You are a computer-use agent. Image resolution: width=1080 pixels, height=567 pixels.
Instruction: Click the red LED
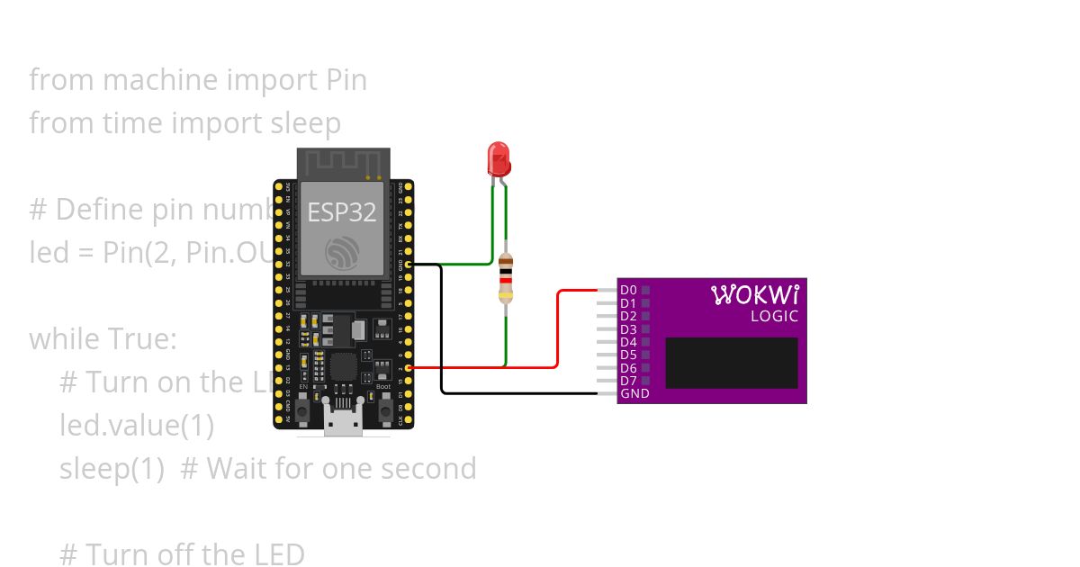(x=498, y=158)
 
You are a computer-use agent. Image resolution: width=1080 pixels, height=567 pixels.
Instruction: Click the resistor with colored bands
(x=506, y=277)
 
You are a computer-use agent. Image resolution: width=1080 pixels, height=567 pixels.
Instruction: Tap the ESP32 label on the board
(x=342, y=211)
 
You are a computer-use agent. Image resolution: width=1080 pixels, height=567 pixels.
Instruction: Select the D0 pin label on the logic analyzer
(x=628, y=290)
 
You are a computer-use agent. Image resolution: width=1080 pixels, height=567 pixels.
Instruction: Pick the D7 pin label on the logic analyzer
(x=628, y=381)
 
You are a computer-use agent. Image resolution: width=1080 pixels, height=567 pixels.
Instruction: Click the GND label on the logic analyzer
(x=634, y=393)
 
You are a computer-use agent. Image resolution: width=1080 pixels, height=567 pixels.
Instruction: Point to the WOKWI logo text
(x=754, y=295)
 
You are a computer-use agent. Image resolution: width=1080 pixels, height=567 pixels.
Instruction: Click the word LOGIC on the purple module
(x=774, y=316)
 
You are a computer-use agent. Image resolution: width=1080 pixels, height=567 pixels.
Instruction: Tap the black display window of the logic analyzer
(x=731, y=363)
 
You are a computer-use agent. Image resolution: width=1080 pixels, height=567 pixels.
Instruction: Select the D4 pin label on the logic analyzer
(x=628, y=342)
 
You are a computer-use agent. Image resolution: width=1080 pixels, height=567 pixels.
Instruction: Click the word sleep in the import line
(x=306, y=123)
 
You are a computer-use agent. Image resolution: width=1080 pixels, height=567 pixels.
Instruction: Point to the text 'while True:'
(x=103, y=339)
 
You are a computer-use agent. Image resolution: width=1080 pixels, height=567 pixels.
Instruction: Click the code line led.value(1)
(x=137, y=425)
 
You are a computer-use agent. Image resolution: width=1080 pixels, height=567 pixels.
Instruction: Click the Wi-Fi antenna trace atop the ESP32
(x=343, y=164)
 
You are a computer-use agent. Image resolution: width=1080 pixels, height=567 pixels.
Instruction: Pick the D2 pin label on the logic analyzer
(x=628, y=316)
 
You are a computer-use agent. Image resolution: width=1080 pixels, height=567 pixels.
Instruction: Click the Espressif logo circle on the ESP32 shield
(x=343, y=253)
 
